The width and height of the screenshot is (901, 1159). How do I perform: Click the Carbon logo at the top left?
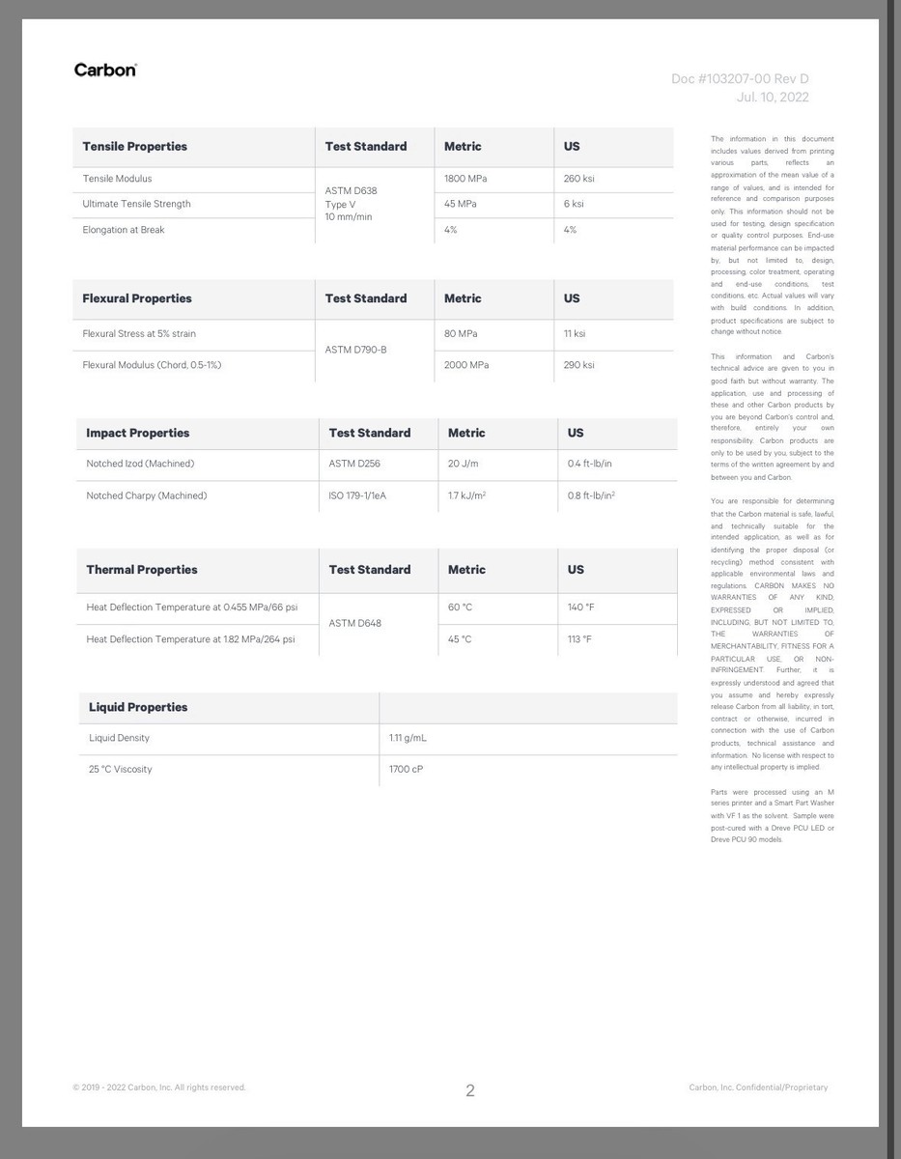[x=105, y=70]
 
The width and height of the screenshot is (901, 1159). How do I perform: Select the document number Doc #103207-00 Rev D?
[x=740, y=79]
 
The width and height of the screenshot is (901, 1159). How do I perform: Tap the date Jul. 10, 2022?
[x=773, y=98]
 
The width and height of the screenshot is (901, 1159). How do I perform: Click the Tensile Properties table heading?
[x=134, y=147]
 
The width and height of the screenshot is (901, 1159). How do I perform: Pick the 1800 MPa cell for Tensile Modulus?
[x=466, y=179]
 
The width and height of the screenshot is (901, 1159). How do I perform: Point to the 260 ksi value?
[x=579, y=179]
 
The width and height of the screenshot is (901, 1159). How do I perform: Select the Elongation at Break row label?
[x=124, y=230]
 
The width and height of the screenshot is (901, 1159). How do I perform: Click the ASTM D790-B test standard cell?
[x=355, y=350]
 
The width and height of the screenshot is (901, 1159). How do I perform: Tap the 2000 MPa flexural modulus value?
[x=466, y=365]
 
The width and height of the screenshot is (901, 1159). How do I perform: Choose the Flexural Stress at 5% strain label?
[x=139, y=334]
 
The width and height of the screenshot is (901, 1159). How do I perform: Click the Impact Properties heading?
[x=138, y=433]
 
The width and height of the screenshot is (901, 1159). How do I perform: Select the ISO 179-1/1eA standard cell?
[x=364, y=495]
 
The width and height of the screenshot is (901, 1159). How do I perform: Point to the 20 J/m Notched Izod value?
[x=463, y=464]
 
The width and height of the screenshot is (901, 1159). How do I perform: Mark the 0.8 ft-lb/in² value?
[x=591, y=495]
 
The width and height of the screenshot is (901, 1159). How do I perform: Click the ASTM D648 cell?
[x=354, y=623]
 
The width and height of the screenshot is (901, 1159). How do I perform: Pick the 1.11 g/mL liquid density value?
[x=408, y=738]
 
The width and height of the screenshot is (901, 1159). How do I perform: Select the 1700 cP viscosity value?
[x=406, y=770]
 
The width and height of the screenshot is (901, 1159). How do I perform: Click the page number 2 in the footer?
[x=470, y=1090]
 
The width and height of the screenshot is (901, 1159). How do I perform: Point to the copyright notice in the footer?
[x=159, y=1088]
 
